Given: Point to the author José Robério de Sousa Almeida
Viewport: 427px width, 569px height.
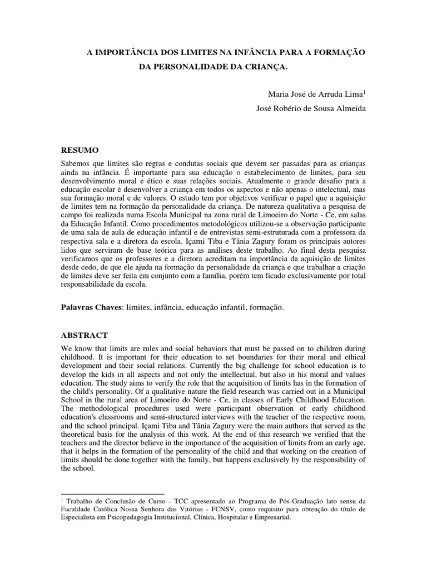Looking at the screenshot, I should [311, 109].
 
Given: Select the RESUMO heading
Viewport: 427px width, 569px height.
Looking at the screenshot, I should [80, 150].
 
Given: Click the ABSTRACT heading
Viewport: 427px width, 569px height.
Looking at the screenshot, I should [84, 336].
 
